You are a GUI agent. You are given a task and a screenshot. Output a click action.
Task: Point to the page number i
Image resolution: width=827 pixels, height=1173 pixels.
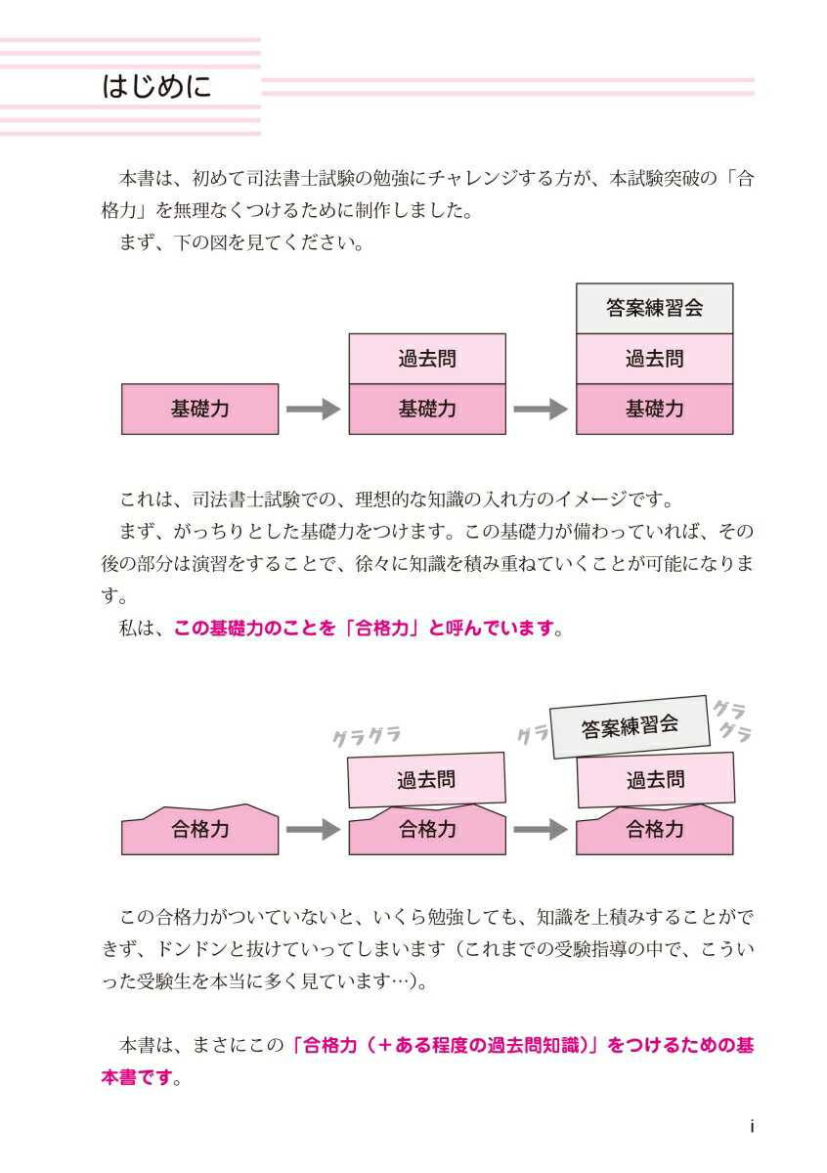coord(751,1126)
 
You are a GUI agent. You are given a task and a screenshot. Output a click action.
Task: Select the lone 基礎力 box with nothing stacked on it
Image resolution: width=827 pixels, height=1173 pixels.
coord(200,409)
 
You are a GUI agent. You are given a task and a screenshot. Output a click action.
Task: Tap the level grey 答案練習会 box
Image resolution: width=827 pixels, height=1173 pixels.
coord(654,308)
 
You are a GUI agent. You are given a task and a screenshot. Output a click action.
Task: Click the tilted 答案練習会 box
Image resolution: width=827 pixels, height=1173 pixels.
coord(629,726)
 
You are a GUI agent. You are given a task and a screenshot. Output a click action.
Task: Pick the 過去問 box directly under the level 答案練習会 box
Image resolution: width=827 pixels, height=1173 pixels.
coord(654,359)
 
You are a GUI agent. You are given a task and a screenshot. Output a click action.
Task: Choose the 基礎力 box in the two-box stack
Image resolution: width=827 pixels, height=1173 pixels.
coord(427,409)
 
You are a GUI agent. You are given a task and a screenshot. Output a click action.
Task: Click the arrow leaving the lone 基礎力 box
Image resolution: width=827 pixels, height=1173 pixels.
coord(313,409)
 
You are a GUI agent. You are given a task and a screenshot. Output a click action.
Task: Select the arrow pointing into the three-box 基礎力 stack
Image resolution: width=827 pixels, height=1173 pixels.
coord(541,409)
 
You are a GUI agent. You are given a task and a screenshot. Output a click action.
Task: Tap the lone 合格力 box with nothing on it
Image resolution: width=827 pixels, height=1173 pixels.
coord(200,830)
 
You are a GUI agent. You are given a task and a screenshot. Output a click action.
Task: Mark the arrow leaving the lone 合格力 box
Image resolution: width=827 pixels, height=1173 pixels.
coord(313,830)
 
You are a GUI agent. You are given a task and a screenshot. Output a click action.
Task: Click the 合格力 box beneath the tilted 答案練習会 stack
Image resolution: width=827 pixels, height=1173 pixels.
coord(654,830)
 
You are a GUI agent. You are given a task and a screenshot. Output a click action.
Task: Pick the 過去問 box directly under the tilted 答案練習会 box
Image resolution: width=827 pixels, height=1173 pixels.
coord(655,780)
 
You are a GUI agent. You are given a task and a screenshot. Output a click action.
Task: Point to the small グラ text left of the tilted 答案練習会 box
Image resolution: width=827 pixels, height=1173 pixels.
coord(533,735)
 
